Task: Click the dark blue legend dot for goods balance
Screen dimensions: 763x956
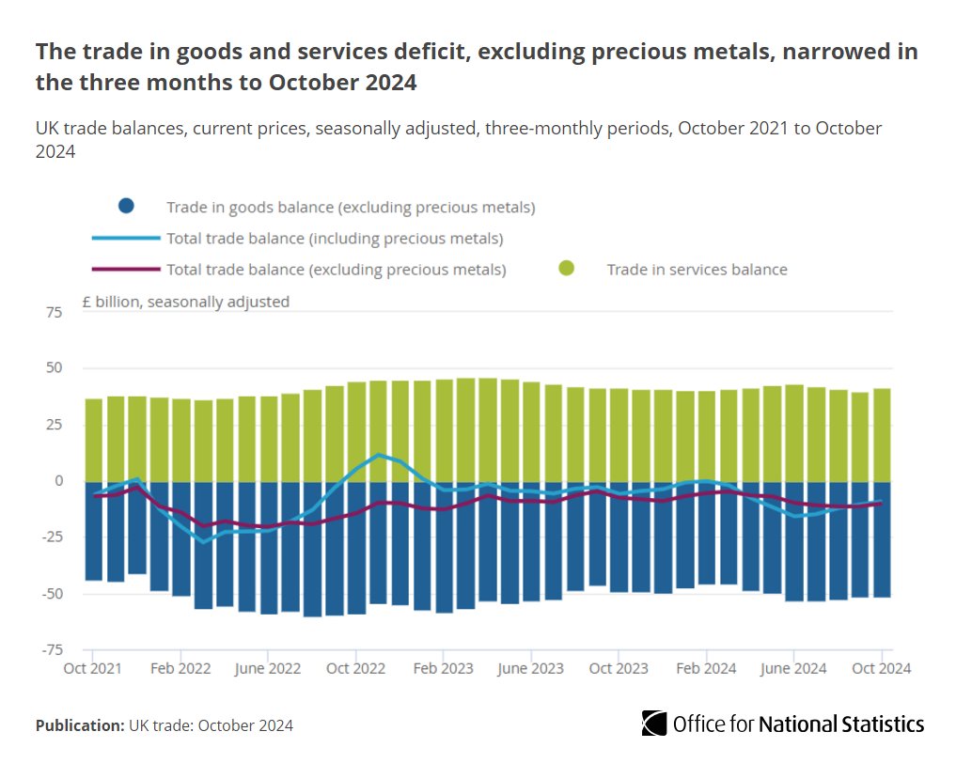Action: tap(127, 207)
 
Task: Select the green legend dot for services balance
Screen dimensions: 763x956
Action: tap(566, 270)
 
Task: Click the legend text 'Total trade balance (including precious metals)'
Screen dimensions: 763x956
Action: tap(335, 239)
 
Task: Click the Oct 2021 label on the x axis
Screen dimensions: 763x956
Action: tap(92, 669)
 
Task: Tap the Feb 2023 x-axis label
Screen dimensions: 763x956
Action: tap(443, 669)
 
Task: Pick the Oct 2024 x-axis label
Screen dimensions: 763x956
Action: tap(881, 669)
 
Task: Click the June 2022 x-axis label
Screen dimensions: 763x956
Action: tap(268, 669)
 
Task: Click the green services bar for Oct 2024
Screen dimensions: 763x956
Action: tap(882, 434)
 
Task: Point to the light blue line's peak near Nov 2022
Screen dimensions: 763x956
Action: tap(378, 455)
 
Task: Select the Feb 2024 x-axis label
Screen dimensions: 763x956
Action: tap(706, 669)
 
